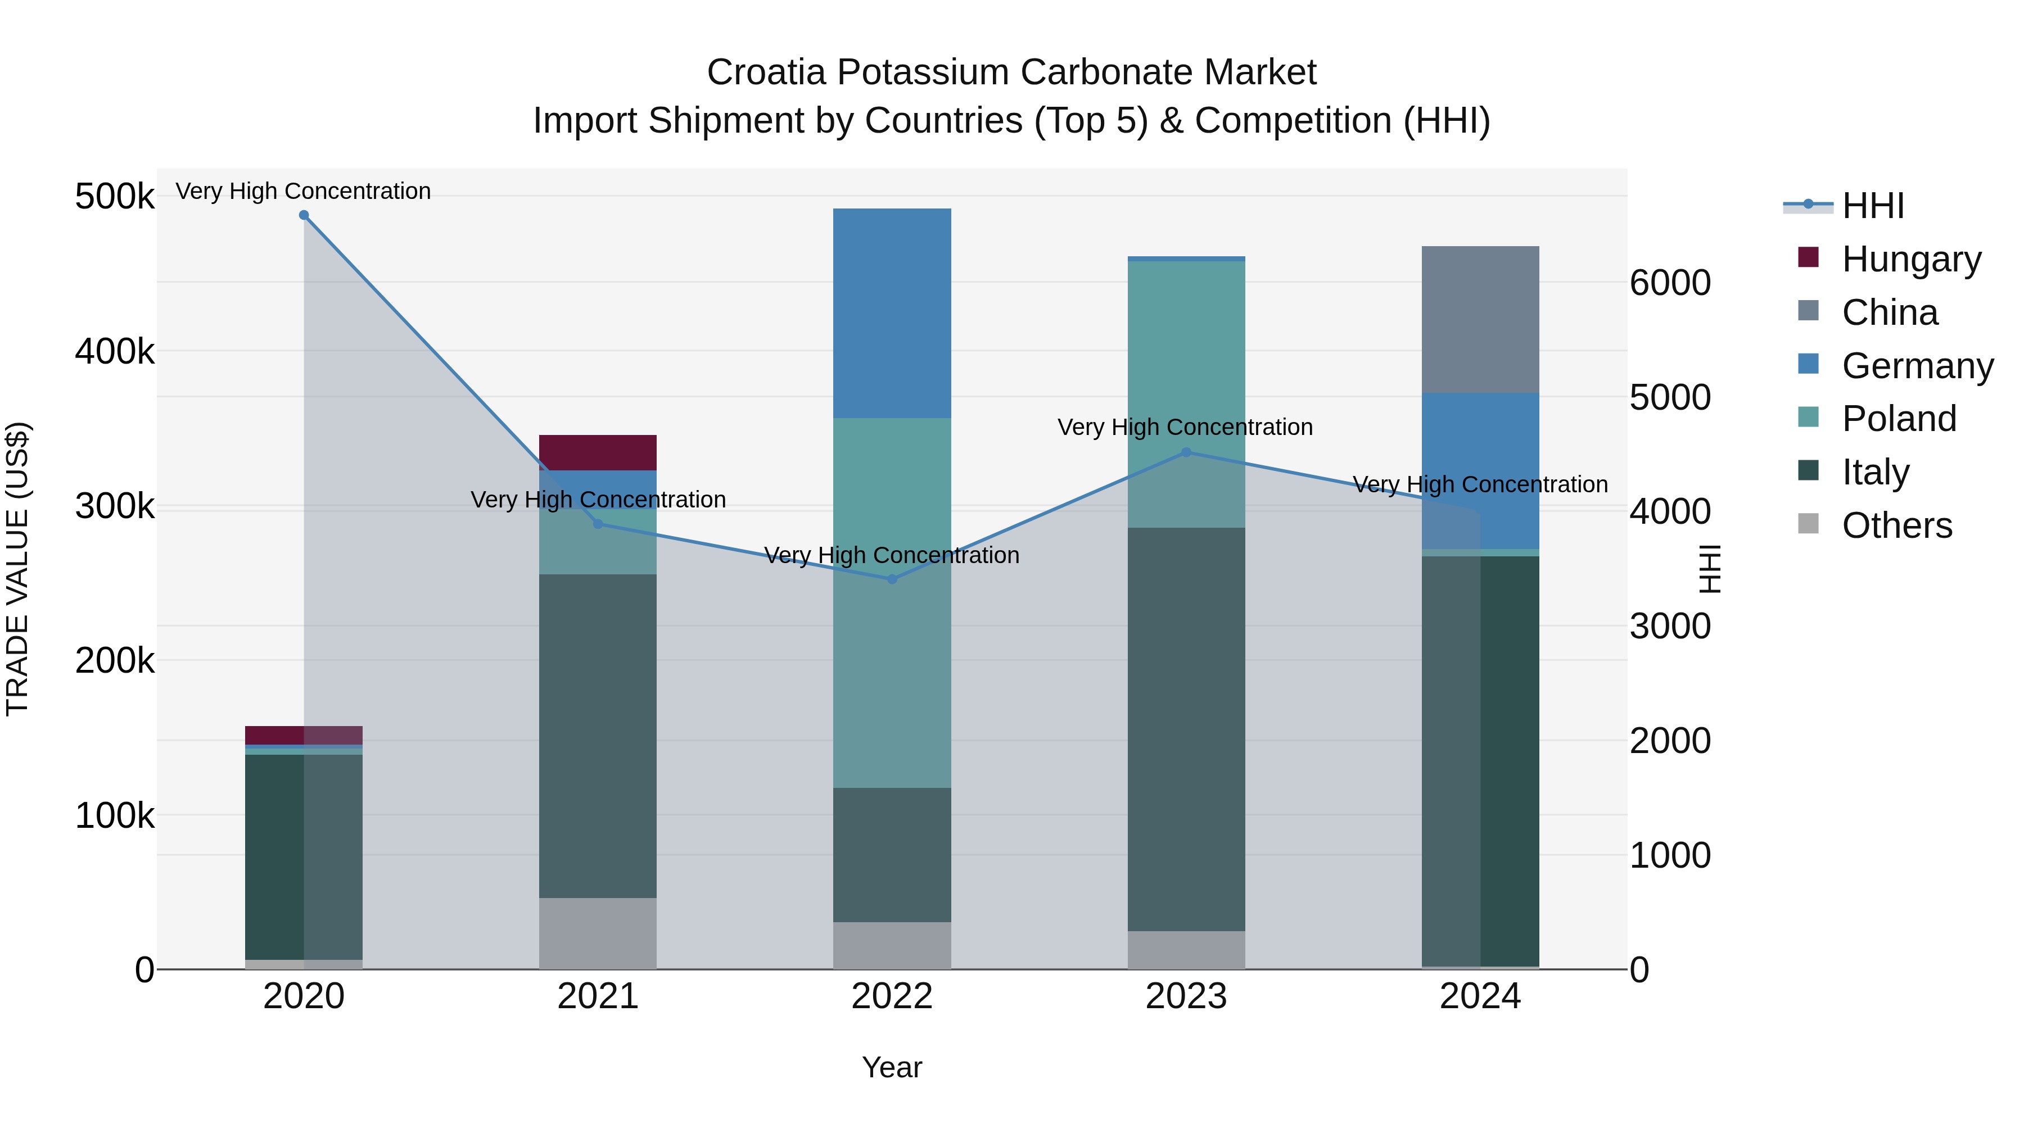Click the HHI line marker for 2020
point(304,215)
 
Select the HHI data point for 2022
point(892,579)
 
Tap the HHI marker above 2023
point(1186,452)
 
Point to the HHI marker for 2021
point(598,524)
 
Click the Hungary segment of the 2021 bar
point(598,452)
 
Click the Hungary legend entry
point(1911,259)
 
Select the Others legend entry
point(1897,525)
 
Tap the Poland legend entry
point(1898,419)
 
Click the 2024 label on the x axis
point(1480,996)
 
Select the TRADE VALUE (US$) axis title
point(17,569)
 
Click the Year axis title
point(892,1067)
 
